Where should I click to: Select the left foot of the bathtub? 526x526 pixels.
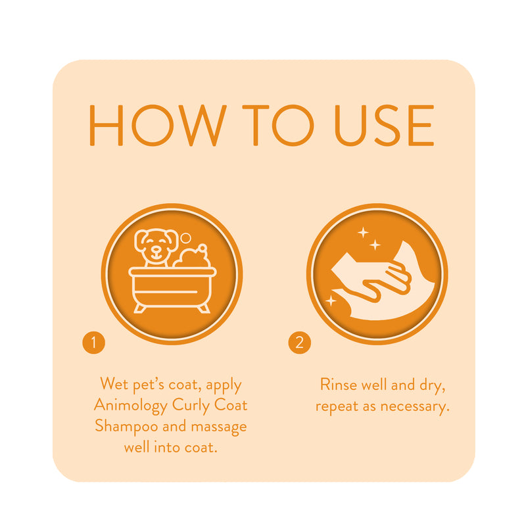[x=140, y=307]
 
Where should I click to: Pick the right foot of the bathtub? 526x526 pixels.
[x=204, y=307]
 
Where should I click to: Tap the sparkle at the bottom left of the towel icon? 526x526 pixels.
[x=331, y=300]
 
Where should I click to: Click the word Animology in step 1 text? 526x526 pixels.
[x=131, y=406]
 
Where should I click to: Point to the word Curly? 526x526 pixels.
[x=192, y=406]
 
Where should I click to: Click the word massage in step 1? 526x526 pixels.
[x=217, y=426]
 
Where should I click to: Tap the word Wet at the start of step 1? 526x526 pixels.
[x=112, y=384]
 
